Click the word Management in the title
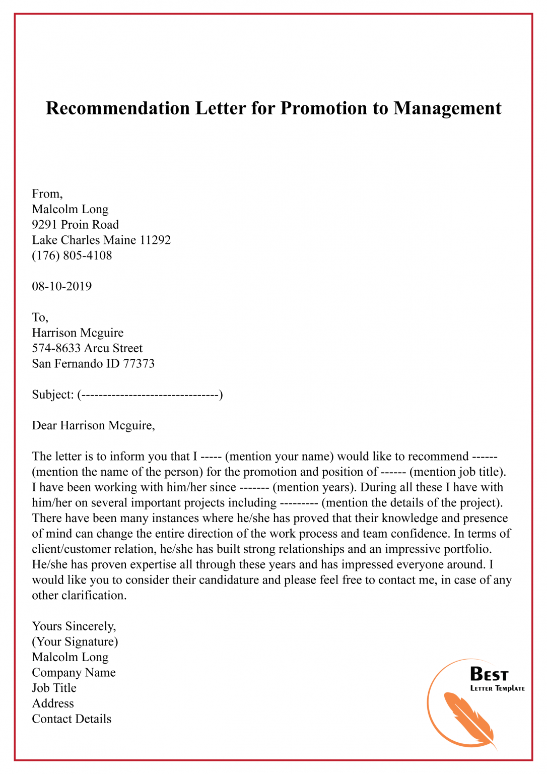pos(447,108)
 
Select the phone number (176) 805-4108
pos(72,255)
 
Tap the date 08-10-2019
pos(62,286)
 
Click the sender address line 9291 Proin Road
pos(76,225)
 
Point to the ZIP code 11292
pos(155,240)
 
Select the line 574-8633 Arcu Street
pos(87,348)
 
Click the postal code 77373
pos(139,364)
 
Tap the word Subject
pos(52,395)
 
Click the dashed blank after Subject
pos(150,395)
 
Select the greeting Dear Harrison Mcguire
pos(93,426)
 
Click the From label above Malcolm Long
pos(47,194)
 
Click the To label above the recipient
pos(40,317)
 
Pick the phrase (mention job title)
pos(457,472)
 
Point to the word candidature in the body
pos(229,580)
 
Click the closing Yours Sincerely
pos(74,626)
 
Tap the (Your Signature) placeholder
pos(75,642)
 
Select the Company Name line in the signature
pos(74,673)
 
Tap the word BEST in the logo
pos(489,674)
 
